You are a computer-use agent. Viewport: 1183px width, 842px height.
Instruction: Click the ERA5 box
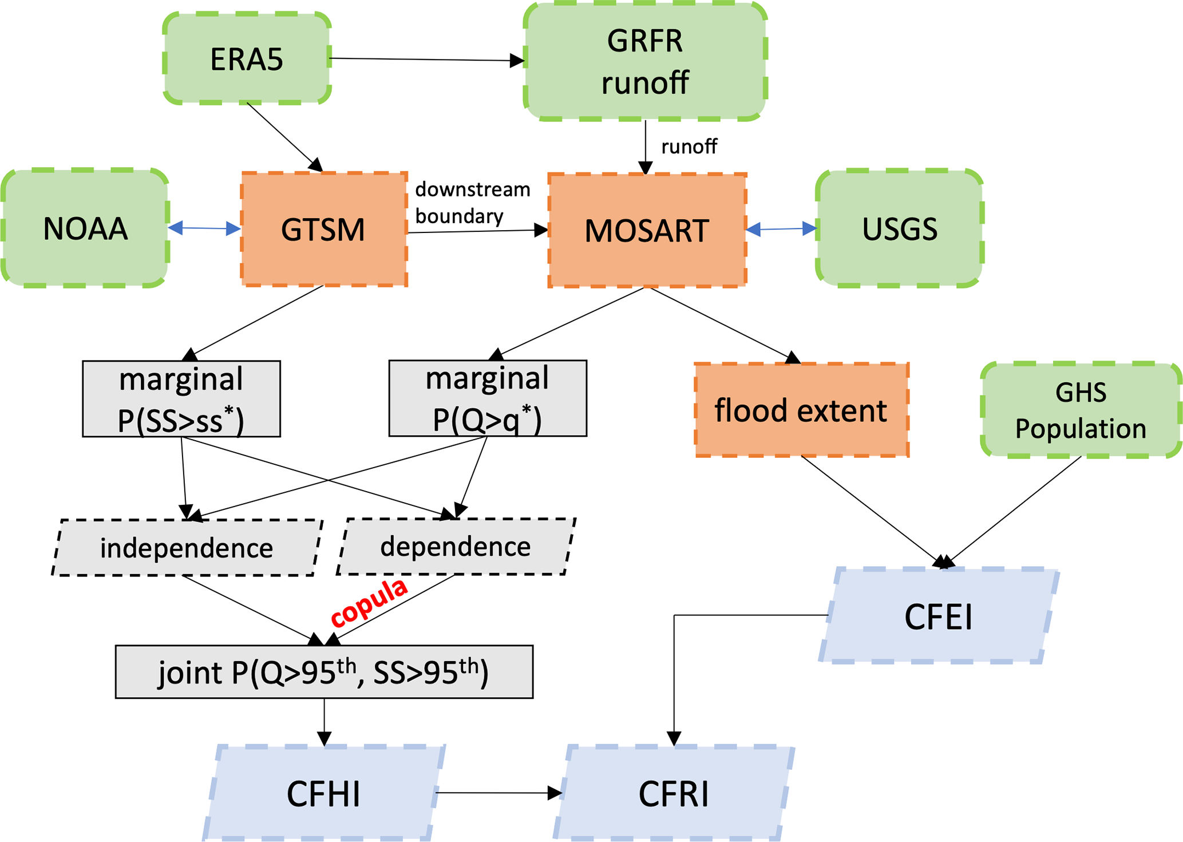(247, 59)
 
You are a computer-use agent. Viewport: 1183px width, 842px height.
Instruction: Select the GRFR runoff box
(645, 61)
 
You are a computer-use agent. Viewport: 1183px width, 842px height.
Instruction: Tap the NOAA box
(85, 228)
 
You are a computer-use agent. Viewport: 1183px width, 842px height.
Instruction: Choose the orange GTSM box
(324, 229)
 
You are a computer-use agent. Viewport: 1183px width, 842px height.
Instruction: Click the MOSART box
(647, 230)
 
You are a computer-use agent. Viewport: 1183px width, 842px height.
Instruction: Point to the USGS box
(899, 228)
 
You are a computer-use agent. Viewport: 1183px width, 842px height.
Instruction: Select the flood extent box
(801, 410)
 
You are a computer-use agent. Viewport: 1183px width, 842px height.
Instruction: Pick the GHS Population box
(1081, 410)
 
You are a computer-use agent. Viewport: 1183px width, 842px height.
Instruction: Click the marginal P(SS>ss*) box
(181, 399)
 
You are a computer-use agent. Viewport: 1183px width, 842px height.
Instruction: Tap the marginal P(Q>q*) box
(488, 398)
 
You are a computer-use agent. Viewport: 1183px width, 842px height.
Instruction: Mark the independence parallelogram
(187, 548)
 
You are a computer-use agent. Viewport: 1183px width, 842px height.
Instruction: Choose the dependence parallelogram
(456, 547)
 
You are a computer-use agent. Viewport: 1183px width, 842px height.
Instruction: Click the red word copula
(369, 603)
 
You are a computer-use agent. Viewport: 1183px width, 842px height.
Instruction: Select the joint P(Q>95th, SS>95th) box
(324, 672)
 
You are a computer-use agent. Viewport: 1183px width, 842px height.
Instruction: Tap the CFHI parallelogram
(324, 793)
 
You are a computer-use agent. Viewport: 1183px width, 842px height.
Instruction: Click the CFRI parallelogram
(674, 793)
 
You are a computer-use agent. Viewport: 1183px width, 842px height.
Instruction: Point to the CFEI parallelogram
(939, 616)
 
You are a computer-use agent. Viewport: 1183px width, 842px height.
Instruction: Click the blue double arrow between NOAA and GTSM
(204, 228)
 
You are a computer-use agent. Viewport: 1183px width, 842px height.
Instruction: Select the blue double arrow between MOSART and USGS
(781, 229)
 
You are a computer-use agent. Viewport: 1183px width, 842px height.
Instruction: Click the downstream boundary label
(472, 203)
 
